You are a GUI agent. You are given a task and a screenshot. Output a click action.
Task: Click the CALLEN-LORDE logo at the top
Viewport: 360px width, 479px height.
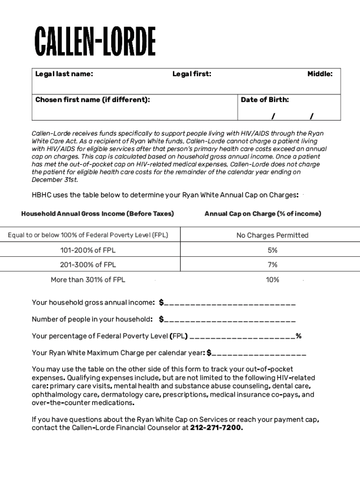(95, 42)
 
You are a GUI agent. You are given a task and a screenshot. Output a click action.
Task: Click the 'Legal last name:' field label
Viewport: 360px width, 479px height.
(64, 74)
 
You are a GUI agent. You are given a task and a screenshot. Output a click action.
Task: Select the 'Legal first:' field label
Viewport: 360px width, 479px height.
(192, 74)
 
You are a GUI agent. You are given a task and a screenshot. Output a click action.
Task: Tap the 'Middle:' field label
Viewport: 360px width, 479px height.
(320, 74)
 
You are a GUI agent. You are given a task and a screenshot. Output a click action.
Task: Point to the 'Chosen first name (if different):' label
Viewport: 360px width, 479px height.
(93, 100)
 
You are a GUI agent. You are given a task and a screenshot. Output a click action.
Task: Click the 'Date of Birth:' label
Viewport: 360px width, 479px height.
(265, 100)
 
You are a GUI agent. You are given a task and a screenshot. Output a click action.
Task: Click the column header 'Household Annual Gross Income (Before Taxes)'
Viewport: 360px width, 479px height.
(97, 214)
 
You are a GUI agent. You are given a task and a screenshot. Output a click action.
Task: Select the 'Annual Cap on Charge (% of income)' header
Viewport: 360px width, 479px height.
(263, 214)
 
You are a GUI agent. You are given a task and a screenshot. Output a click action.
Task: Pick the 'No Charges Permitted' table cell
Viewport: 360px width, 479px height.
(273, 235)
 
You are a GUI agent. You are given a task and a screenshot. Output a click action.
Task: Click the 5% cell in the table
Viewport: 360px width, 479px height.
(273, 250)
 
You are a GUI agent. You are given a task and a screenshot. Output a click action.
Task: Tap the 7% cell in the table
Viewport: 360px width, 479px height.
(273, 265)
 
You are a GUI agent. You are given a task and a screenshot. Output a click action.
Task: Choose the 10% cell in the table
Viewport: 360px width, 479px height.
(273, 280)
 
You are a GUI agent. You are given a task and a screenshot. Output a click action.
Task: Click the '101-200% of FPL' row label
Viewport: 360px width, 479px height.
(88, 250)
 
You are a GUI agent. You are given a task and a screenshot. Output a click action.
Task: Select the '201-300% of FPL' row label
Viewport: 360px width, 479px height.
(88, 265)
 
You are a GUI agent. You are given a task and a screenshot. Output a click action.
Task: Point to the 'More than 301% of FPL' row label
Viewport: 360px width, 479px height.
(88, 280)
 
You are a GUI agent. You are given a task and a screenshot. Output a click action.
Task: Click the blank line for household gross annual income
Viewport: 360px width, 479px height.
(230, 303)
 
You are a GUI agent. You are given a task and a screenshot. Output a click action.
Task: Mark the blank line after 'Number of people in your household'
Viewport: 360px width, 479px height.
(230, 320)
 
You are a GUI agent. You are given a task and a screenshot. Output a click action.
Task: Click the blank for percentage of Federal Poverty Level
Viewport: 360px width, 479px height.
(243, 336)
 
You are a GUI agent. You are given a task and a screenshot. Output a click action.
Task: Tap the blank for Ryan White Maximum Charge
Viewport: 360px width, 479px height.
(259, 353)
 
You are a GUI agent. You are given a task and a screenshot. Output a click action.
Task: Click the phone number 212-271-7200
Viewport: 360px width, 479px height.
(216, 428)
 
